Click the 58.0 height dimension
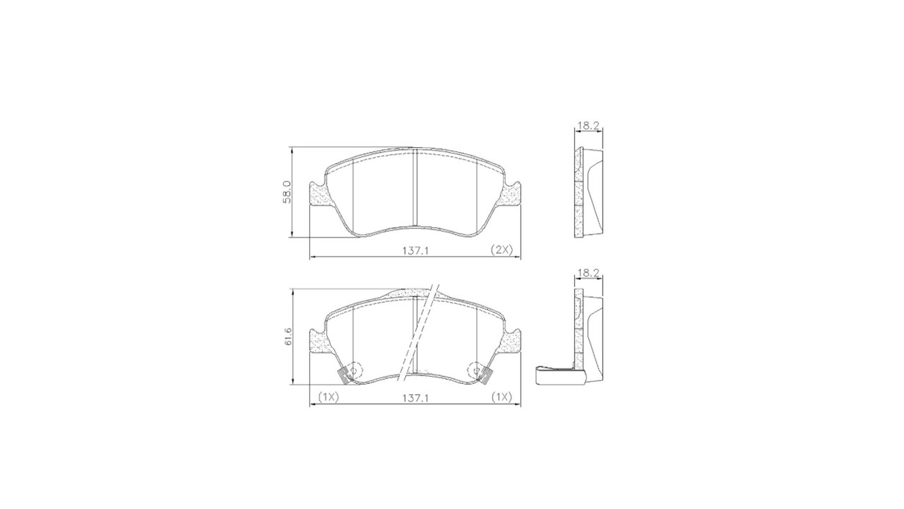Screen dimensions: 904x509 click(x=286, y=192)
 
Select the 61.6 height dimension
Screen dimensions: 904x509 click(x=287, y=336)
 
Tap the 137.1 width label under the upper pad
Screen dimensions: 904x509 click(x=415, y=251)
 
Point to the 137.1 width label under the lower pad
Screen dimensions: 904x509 click(x=415, y=398)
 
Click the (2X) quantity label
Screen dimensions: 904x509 click(x=501, y=250)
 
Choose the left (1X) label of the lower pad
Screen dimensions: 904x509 click(x=328, y=397)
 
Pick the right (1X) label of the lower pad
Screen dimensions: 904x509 click(x=501, y=397)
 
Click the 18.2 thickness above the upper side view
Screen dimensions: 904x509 click(x=588, y=126)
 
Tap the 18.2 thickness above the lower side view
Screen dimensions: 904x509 click(x=588, y=273)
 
